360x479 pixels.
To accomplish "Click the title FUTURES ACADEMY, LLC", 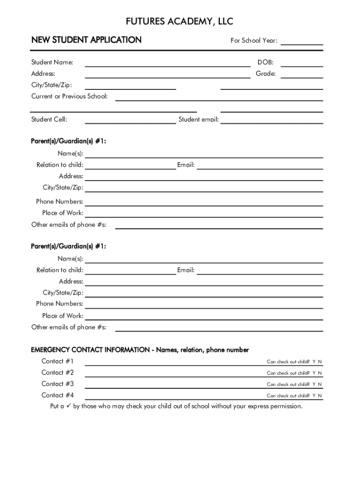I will click(180, 22).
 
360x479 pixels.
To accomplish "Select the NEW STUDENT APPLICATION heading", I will click(86, 40).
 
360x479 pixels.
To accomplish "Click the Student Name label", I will click(52, 63).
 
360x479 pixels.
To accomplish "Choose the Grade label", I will click(266, 74).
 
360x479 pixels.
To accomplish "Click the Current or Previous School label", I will click(69, 96).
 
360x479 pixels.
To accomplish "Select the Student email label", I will click(199, 120).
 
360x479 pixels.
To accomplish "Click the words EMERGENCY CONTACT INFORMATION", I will click(90, 350).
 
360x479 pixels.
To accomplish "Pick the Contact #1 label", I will click(58, 361).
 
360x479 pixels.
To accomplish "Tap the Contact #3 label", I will click(58, 384).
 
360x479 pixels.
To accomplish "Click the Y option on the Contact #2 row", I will click(314, 373).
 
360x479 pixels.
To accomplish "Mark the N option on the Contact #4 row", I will click(320, 396).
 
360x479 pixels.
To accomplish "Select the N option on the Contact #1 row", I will click(320, 362).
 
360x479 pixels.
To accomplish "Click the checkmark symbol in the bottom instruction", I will click(69, 406).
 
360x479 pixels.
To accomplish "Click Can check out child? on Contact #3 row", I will click(288, 385).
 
